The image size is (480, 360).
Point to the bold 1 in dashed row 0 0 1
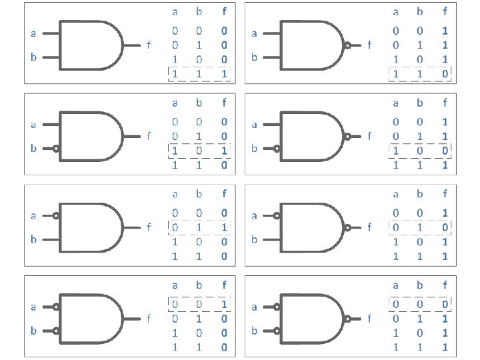point(224,305)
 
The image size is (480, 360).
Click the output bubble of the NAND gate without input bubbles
point(347,45)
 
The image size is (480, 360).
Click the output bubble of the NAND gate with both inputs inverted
point(347,319)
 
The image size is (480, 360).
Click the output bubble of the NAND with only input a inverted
point(347,227)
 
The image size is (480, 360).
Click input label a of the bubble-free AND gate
point(33,33)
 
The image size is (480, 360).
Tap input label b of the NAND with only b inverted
point(254,149)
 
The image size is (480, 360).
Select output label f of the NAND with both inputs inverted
point(369,319)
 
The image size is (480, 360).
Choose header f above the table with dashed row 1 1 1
point(224,11)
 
